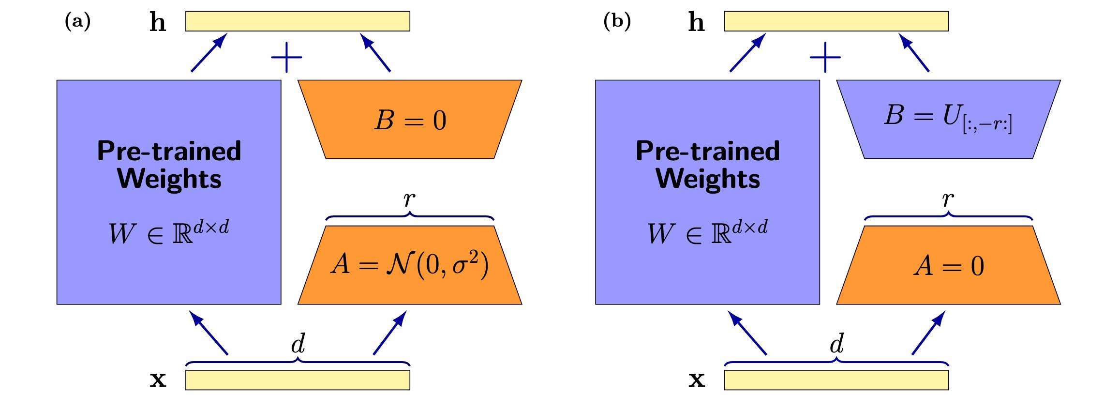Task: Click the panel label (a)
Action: [77, 22]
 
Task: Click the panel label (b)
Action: [617, 22]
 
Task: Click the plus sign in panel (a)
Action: [286, 57]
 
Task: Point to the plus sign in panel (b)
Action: [825, 57]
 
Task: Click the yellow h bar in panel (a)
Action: [298, 21]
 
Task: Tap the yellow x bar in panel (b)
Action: [836, 380]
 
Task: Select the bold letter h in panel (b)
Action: [696, 22]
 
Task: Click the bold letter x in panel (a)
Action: [158, 380]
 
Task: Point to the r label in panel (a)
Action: [409, 199]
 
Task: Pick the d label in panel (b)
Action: [837, 344]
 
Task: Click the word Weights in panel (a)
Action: [169, 179]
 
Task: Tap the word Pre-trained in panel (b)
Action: [708, 151]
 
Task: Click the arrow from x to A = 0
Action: [928, 333]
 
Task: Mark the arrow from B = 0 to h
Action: [375, 53]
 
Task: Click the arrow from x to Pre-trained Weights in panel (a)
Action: [209, 333]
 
